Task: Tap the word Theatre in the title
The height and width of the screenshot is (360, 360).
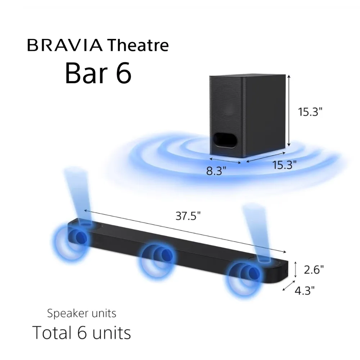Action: [x=138, y=46]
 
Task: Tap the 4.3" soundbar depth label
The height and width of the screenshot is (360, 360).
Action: [x=305, y=290]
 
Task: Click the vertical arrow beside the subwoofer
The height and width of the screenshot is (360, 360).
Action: [x=289, y=112]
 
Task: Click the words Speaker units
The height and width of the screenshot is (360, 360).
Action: [x=82, y=313]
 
